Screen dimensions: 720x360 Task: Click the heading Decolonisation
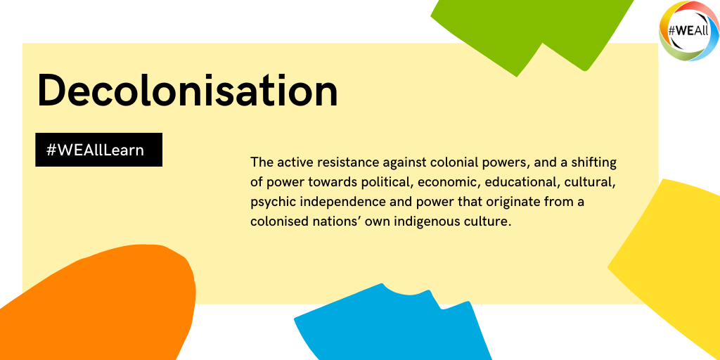[x=187, y=90]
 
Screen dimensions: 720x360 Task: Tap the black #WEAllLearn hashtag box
[x=98, y=150]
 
